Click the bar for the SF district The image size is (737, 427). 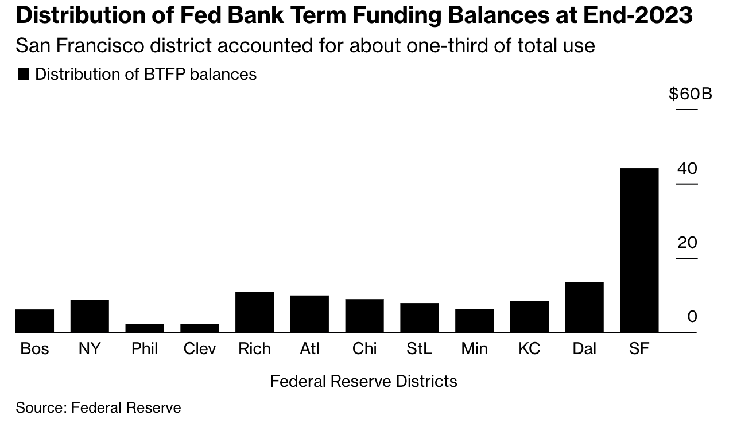click(639, 250)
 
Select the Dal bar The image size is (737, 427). click(584, 307)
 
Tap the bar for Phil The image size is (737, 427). click(145, 328)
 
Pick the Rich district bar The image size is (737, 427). click(254, 312)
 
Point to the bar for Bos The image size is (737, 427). click(34, 321)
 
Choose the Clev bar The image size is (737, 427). click(199, 328)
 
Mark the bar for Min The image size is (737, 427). click(475, 321)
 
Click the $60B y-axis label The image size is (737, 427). click(691, 94)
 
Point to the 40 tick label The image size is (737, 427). click(687, 168)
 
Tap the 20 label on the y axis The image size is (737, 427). click(687, 242)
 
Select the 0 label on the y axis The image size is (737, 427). click(692, 316)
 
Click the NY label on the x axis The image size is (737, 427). click(90, 348)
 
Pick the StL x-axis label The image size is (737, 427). click(419, 348)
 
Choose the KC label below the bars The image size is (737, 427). click(529, 348)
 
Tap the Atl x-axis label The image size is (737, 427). click(309, 348)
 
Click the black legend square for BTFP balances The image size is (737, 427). click(24, 74)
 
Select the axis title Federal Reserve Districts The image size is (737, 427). click(363, 381)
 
